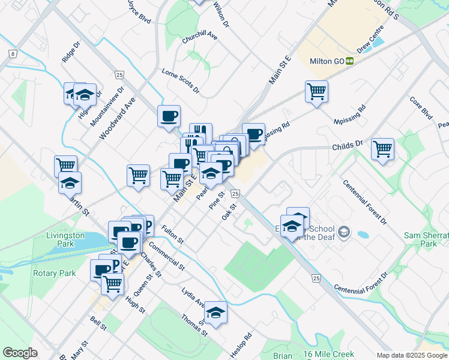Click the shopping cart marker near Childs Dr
pyautogui.click(x=382, y=149)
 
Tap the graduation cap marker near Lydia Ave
pyautogui.click(x=216, y=311)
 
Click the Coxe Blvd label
pyautogui.click(x=421, y=107)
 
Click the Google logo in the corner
pyautogui.click(x=20, y=353)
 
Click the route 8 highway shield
pyautogui.click(x=13, y=54)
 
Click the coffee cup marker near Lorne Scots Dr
pyautogui.click(x=169, y=116)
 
